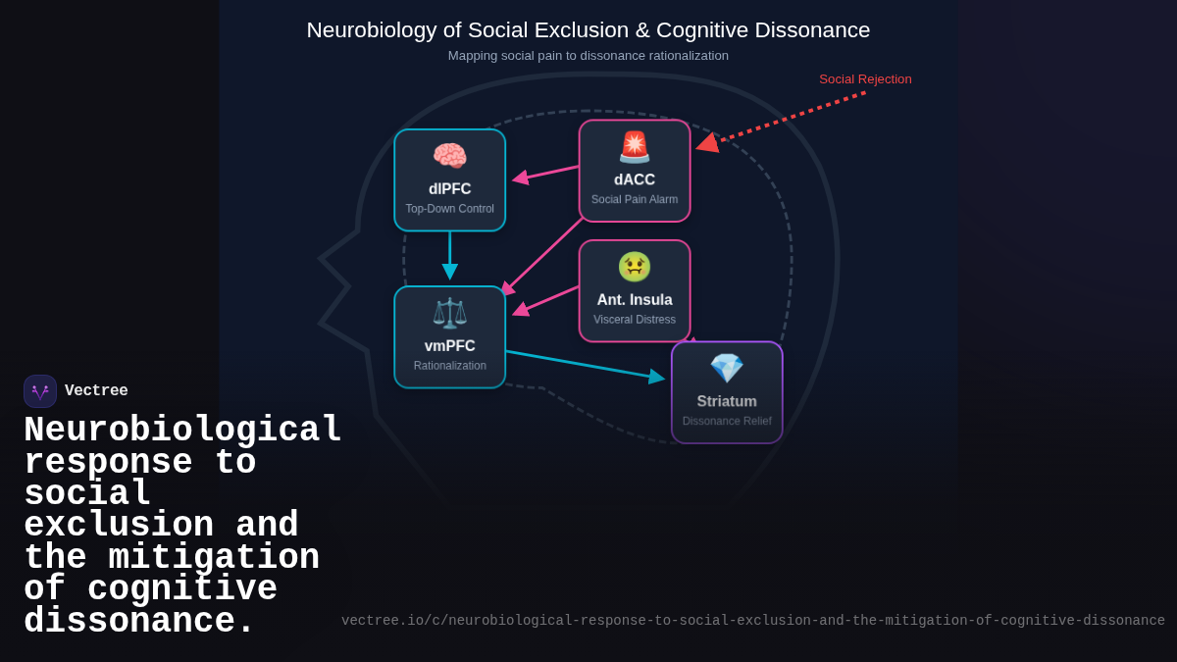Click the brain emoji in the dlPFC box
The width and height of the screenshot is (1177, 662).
point(449,156)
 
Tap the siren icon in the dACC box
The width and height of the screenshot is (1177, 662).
point(635,147)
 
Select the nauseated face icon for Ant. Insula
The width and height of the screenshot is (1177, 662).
point(635,267)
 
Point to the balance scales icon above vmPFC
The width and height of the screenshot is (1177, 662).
point(449,313)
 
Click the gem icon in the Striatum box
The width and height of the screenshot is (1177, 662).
point(727,369)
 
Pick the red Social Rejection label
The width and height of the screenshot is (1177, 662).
point(865,79)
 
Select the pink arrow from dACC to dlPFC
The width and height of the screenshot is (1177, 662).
point(547,174)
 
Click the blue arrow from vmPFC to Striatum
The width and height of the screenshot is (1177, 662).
point(584,364)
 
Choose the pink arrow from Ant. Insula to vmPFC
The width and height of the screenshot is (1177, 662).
point(546,300)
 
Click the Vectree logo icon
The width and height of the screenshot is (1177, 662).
point(40,391)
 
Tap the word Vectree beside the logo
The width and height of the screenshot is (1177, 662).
point(96,391)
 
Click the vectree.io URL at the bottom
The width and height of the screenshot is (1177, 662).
point(752,621)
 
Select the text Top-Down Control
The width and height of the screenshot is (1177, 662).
point(450,209)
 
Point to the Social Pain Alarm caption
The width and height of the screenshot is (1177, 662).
point(635,200)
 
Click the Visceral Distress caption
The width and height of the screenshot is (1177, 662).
point(635,320)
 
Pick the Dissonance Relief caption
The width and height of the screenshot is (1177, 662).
point(727,422)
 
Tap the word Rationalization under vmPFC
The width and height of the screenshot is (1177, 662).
point(450,366)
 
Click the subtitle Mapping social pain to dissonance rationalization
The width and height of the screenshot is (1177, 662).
point(588,56)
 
